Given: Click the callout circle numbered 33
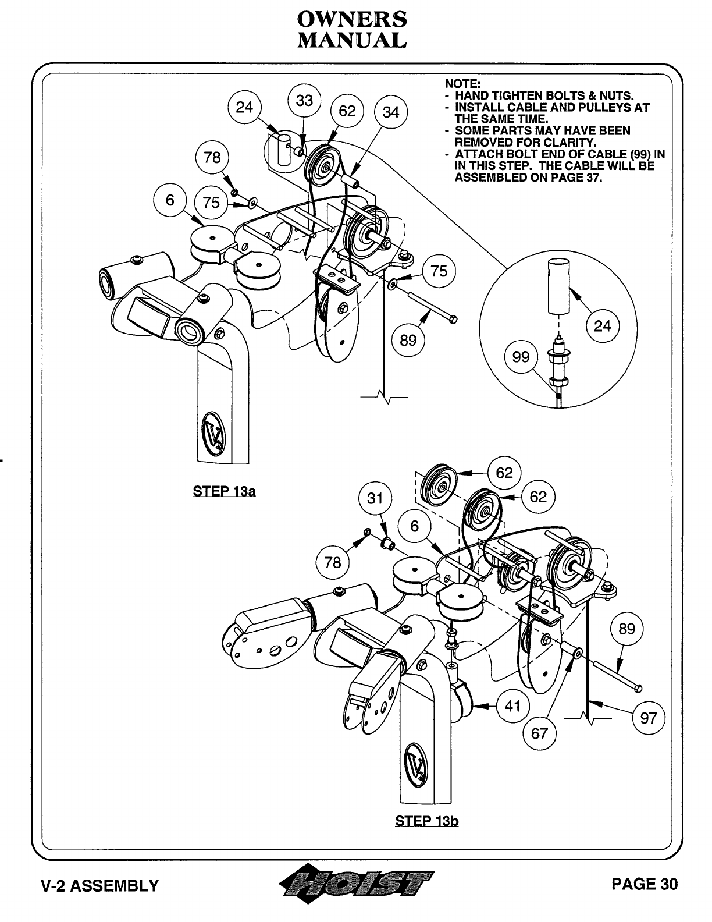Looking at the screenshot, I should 304,100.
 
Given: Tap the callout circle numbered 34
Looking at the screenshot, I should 391,112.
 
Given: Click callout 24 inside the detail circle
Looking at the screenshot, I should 602,325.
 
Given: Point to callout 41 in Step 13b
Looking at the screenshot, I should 512,706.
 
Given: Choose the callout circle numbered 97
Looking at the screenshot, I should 648,718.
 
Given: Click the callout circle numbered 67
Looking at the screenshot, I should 539,733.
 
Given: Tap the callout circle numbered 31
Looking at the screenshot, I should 375,498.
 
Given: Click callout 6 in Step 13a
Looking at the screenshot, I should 170,200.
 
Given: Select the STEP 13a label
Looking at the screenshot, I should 224,491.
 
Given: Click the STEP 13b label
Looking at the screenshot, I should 426,821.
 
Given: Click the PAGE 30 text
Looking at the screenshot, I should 644,884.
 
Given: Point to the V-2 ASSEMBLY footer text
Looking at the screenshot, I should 99,885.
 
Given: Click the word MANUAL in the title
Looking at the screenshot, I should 351,40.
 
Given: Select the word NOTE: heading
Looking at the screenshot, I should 462,84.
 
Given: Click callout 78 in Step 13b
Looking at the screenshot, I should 332,562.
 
